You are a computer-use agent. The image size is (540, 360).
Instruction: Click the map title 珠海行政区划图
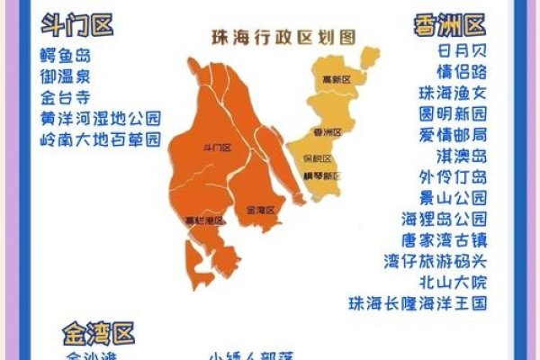pyautogui.click(x=283, y=37)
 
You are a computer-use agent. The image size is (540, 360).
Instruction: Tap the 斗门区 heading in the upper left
pyautogui.click(x=78, y=25)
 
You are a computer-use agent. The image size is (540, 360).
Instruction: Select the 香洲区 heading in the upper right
pyautogui.click(x=450, y=24)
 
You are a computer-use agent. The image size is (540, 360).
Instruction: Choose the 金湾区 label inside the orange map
pyautogui.click(x=259, y=210)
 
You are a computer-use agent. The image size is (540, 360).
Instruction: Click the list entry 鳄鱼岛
pyautogui.click(x=67, y=55)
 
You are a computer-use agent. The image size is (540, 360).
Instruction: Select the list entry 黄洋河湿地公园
pyautogui.click(x=100, y=119)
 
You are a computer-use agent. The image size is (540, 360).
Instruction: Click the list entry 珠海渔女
pyautogui.click(x=452, y=93)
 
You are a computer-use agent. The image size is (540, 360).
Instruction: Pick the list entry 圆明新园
pyautogui.click(x=452, y=113)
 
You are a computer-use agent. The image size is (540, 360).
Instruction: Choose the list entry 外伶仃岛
pyautogui.click(x=452, y=175)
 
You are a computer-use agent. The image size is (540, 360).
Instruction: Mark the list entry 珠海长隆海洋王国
pyautogui.click(x=418, y=302)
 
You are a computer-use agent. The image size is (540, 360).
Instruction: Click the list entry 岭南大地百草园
pyautogui.click(x=100, y=140)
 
